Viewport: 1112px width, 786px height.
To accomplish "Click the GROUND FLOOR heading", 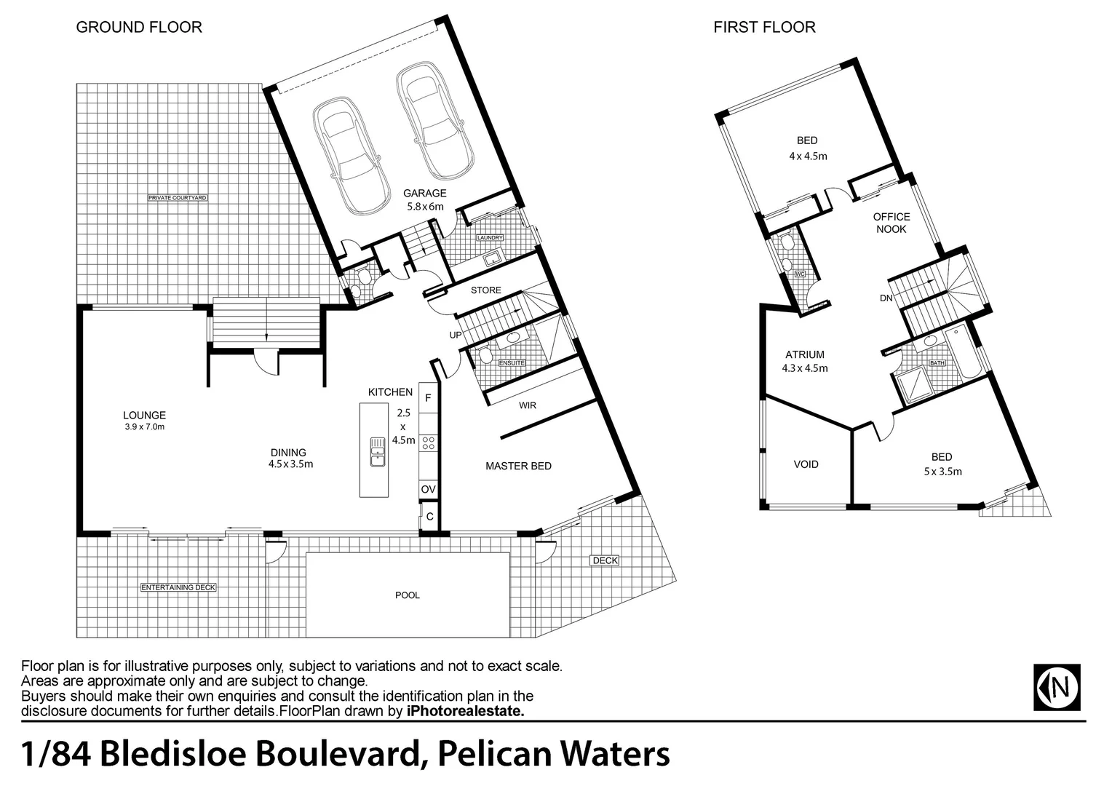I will point(139,28).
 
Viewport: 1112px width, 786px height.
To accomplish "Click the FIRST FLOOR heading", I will point(764,28).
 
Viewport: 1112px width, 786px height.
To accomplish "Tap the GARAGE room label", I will point(425,193).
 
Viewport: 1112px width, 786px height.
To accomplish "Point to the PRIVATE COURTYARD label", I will point(178,198).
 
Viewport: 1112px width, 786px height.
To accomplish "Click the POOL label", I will point(408,595).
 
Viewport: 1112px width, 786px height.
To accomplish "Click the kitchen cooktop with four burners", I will point(429,442).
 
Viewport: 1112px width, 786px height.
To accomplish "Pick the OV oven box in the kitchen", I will point(429,490).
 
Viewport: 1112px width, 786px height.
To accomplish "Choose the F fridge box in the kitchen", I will point(429,398).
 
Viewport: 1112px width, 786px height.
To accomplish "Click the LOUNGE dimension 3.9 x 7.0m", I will point(144,427).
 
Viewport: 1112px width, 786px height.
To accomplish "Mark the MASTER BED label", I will point(518,466).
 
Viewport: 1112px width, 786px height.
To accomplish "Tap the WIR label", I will point(528,405).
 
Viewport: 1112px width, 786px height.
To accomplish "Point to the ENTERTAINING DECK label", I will point(178,587).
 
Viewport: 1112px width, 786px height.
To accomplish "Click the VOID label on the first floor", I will point(806,464).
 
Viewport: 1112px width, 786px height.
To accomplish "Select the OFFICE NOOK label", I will point(891,223).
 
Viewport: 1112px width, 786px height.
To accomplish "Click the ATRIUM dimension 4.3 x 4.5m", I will point(805,368).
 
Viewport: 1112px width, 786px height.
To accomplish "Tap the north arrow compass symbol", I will point(1057,687).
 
